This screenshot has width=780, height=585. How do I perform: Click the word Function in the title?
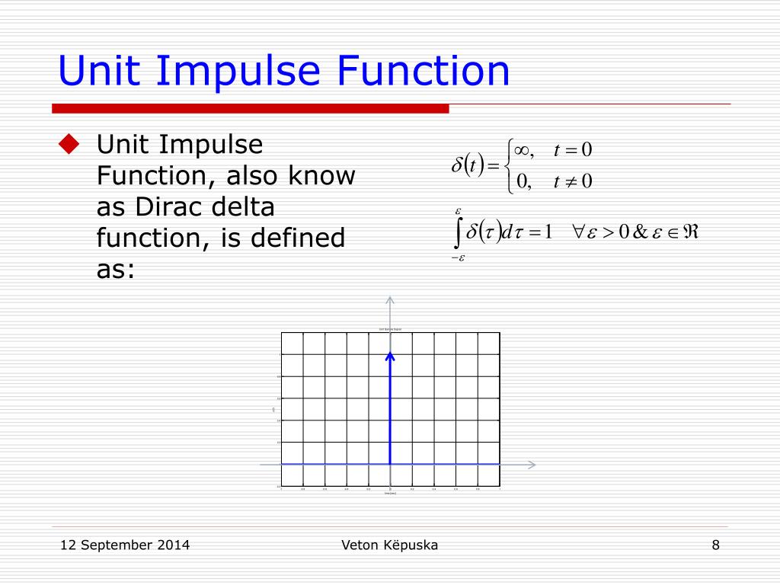[424, 71]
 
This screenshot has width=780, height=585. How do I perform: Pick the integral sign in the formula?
[457, 233]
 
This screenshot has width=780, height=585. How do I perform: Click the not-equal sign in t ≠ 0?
[567, 181]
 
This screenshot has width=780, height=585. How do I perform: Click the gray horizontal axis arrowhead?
[532, 464]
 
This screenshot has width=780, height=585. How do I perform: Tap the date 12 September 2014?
[125, 545]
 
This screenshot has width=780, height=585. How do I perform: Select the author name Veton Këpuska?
[390, 545]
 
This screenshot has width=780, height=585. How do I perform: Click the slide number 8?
[716, 545]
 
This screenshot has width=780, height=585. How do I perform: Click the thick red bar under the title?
[251, 108]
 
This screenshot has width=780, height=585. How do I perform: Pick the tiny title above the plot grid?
[390, 329]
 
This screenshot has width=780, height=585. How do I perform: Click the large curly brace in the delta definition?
[507, 165]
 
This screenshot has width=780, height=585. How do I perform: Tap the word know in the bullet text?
[321, 176]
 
